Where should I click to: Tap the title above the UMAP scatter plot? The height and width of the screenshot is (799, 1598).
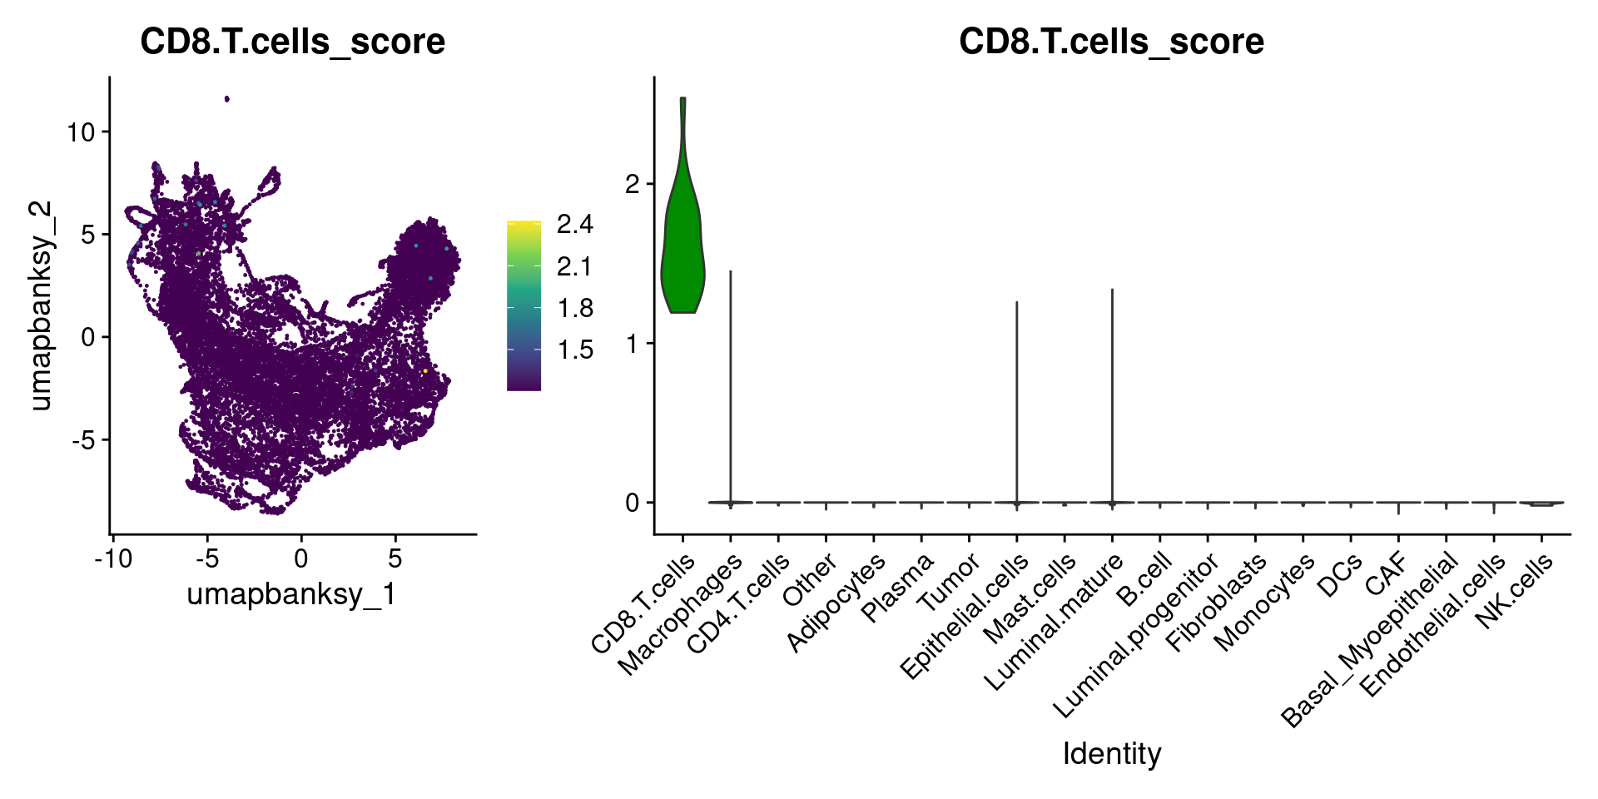tap(292, 42)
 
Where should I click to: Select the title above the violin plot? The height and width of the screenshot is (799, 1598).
tap(1111, 42)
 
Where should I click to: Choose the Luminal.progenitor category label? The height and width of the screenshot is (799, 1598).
tap(1135, 636)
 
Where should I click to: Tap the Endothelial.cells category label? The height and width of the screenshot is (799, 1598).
tap(1432, 624)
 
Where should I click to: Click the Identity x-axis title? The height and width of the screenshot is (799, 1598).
tap(1111, 754)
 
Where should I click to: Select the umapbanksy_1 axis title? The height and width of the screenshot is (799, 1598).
tap(291, 594)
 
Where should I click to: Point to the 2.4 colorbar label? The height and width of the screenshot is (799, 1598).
tap(575, 225)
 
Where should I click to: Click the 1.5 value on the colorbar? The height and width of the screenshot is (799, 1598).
tap(575, 350)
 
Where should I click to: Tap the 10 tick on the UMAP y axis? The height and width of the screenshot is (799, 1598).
tap(82, 132)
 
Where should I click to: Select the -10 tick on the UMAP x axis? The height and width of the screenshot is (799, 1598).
tap(113, 558)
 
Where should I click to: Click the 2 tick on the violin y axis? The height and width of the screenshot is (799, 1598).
tap(633, 184)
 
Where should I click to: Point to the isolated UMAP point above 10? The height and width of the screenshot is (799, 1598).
tap(226, 99)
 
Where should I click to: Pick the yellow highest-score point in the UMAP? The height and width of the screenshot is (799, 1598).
tap(425, 370)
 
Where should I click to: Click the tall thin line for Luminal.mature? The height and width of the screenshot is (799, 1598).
tap(1112, 391)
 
